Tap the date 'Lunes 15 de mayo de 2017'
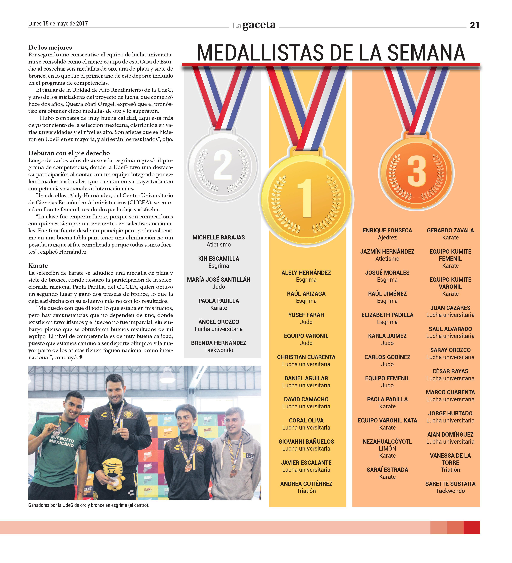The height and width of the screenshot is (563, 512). point(58,24)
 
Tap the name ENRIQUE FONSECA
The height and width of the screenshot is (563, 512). point(387,230)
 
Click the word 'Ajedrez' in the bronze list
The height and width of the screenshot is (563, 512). point(387,238)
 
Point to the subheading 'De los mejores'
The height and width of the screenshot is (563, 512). point(50,47)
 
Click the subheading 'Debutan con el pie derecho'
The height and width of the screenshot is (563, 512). point(69,153)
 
